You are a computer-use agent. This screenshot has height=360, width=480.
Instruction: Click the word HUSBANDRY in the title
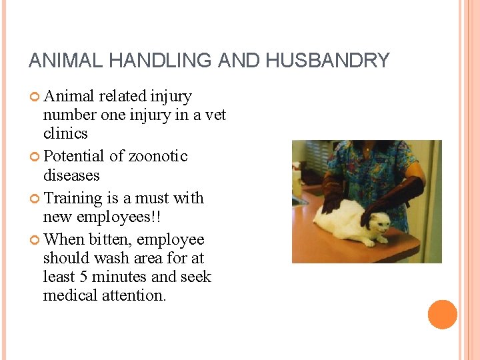327,61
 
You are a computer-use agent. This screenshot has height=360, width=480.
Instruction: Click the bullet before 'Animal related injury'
35,97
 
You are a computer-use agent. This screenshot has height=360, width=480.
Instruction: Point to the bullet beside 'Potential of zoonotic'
35,157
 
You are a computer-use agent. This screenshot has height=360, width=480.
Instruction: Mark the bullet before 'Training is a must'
35,199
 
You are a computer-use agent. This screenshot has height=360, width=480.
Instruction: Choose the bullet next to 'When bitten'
35,240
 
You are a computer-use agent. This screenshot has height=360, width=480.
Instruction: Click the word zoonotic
158,156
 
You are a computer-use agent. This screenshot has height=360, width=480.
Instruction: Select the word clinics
65,133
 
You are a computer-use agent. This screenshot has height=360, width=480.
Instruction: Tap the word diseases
71,175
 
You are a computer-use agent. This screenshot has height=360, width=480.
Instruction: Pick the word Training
74,199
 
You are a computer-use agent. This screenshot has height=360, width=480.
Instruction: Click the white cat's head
377,227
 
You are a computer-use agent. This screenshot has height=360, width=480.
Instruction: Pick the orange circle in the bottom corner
442,315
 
